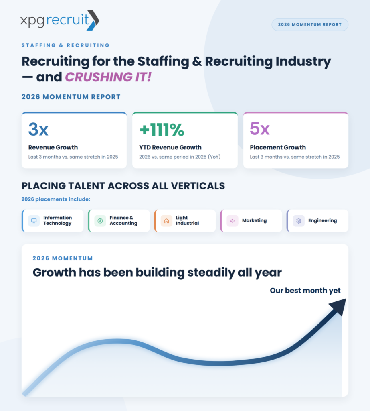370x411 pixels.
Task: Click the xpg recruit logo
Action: coord(60,20)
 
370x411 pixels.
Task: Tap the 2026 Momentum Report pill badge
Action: coord(310,24)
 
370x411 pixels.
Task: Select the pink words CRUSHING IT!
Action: coord(108,77)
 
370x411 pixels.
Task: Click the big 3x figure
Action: coord(38,129)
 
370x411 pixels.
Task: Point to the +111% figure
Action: coord(162,130)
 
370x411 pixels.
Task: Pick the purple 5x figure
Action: coord(259,128)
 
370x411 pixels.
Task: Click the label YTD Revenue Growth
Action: coord(170,147)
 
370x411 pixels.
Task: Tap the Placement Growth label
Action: coord(277,147)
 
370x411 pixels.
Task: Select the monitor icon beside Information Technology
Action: coord(34,221)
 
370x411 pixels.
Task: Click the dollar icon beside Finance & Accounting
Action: coord(100,221)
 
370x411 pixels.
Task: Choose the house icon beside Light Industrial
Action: coord(166,221)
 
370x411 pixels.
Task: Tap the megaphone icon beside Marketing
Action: coord(232,221)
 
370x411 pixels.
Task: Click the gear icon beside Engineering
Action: coord(299,221)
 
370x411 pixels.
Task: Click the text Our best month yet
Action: coord(305,291)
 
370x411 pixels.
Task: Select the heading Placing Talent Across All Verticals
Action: coord(123,186)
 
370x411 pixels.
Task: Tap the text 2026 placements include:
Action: coord(56,199)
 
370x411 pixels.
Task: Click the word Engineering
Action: coord(322,220)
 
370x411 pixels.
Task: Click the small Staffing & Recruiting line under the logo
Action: coord(65,45)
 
